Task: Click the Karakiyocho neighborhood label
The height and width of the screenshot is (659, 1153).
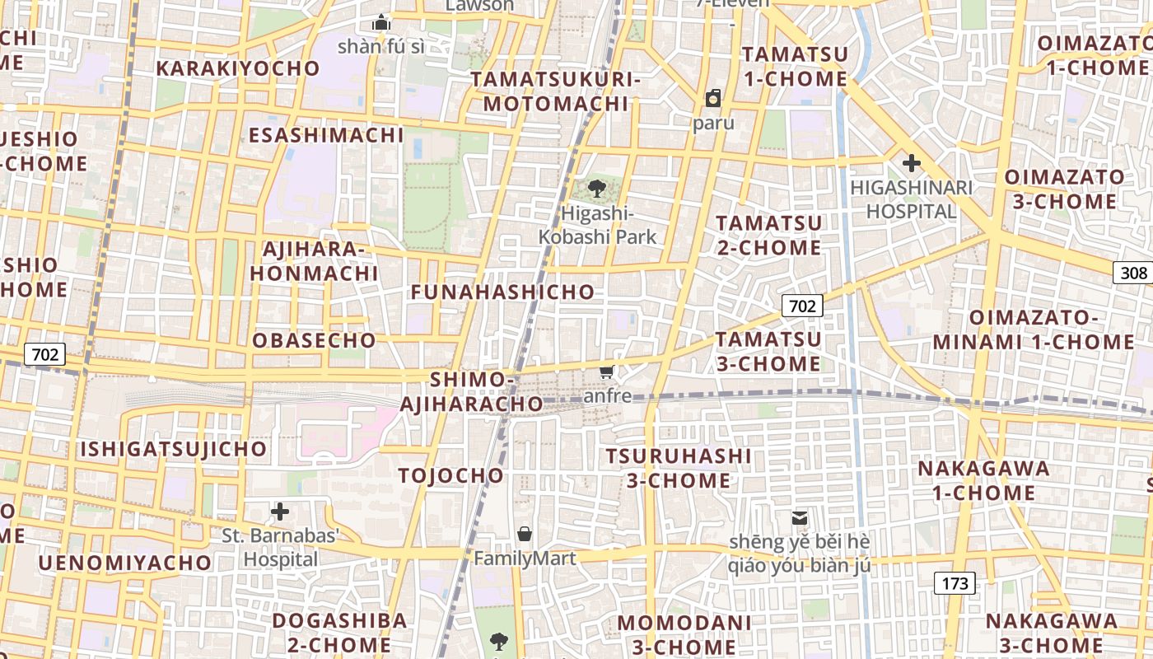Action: coord(238,68)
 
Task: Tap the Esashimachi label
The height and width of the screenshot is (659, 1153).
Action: coord(326,135)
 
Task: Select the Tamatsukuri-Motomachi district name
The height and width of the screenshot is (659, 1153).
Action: coord(555,91)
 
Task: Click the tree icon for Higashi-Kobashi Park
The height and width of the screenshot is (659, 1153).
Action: coord(597,189)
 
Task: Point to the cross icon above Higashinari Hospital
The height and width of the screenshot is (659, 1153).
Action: coord(911,162)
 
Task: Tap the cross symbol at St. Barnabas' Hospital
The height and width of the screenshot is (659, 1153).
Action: coord(280,512)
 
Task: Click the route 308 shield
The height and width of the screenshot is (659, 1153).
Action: coord(1133,273)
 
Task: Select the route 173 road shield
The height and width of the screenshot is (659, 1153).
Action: coord(955,583)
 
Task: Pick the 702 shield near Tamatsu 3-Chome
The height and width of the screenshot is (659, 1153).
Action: coord(801,306)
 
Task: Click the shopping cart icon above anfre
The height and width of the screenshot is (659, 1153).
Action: coord(607,372)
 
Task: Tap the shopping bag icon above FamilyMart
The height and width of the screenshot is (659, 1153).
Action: coord(525,534)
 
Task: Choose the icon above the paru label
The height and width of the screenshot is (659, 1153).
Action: coord(712,98)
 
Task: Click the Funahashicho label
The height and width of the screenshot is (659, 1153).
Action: coord(502,292)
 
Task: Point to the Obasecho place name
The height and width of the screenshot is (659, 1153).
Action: coord(314,340)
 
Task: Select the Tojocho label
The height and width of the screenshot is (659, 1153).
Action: coord(450,475)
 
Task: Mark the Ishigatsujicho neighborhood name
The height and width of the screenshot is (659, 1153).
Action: coord(173,449)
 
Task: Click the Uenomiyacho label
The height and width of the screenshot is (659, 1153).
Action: coord(125,563)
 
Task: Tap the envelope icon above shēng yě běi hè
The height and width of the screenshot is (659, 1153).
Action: coord(799,518)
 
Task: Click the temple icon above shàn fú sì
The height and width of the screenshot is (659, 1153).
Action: coord(380,22)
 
